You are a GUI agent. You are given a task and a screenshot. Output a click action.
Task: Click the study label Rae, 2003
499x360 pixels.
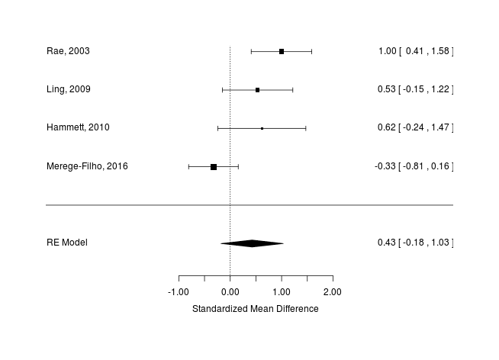[x=68, y=51]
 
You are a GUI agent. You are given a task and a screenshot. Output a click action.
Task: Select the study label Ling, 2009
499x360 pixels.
[x=69, y=90]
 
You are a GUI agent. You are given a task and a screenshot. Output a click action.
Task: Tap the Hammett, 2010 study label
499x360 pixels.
[x=78, y=128]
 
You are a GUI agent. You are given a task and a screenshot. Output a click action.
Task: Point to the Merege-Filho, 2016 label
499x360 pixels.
[x=87, y=166]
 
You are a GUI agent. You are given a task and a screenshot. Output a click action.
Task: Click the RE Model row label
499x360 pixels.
[x=67, y=243]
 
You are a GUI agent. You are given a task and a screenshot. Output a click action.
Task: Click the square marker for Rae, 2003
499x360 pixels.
[x=282, y=51]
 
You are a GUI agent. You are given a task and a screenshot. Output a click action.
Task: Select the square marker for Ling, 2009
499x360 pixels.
[x=257, y=90]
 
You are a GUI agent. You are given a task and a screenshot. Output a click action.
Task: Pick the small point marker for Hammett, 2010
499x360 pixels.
[x=262, y=128]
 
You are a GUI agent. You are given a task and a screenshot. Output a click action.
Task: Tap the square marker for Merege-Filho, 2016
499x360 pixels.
[x=214, y=166]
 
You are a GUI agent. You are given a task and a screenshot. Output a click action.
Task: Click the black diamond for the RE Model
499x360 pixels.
[x=252, y=243]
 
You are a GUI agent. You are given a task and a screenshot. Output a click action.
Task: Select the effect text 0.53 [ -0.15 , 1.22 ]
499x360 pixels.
[x=415, y=90]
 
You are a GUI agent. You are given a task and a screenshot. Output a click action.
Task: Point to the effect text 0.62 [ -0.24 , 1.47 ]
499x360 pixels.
[x=415, y=128]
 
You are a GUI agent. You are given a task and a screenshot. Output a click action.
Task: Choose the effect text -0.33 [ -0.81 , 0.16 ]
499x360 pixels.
[x=414, y=166]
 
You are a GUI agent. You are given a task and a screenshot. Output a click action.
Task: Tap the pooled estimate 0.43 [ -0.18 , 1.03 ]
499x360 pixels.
[x=415, y=243]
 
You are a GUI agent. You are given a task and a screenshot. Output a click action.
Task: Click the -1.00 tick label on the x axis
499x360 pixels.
[x=178, y=292]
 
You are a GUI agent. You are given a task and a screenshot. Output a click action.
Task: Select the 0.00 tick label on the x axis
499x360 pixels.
[x=230, y=292]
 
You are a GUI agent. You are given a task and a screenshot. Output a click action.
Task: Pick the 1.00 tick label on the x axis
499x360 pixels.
[x=282, y=292]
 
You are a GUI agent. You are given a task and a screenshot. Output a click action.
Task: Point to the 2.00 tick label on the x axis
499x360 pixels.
[x=333, y=292]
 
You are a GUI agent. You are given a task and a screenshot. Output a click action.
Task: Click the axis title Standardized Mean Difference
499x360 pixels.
[x=255, y=309]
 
